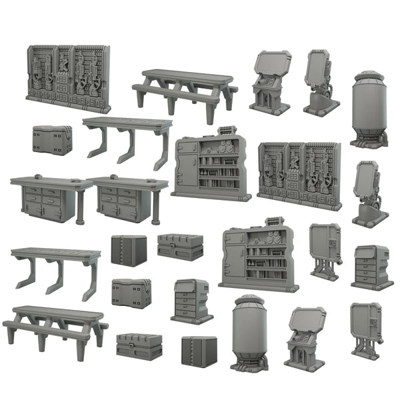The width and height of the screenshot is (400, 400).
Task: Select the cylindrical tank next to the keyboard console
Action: click(x=249, y=331)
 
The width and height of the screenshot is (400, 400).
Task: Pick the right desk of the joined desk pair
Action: click(x=128, y=198)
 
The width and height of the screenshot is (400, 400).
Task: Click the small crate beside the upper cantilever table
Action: click(x=52, y=139)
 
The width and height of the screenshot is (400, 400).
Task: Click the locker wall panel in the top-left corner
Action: click(x=68, y=78)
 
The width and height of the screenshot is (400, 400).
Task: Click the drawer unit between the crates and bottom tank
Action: click(x=191, y=300)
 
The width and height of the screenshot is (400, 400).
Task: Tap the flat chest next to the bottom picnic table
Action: click(x=139, y=345)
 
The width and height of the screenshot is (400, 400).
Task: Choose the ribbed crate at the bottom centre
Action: click(x=199, y=350)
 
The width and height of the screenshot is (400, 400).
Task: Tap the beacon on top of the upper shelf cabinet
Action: click(x=225, y=131)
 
